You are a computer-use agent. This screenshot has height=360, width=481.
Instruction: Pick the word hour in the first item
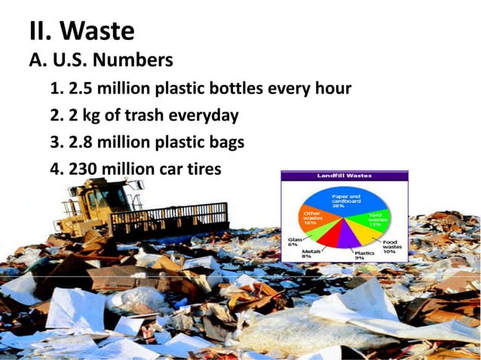coord(332,89)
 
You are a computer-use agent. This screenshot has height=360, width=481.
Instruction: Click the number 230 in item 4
coord(84,168)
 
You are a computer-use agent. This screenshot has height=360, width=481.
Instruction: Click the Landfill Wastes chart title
coord(343,175)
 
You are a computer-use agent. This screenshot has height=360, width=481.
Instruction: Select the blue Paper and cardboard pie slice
coord(346,202)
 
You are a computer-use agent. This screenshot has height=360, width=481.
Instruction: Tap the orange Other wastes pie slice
coord(317,219)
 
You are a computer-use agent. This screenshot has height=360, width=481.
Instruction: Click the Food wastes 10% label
coord(392,247)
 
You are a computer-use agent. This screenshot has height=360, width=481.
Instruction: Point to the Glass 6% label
coord(293,243)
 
